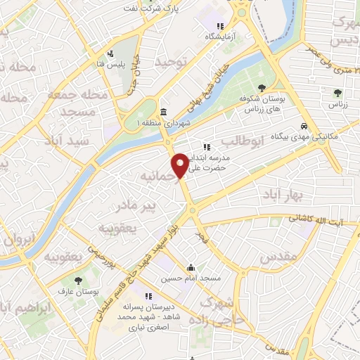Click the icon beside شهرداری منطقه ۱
163,112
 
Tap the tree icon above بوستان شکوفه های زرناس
262,88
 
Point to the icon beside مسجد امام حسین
191,266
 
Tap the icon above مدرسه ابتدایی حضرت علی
207,148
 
